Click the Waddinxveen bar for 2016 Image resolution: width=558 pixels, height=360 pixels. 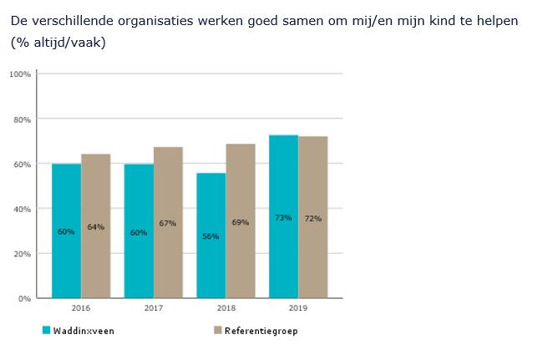coord(66,230)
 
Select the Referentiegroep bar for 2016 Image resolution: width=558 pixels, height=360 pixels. coord(95,226)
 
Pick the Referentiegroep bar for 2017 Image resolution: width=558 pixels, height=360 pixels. coord(168,222)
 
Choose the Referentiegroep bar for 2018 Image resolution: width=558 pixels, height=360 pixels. coord(241,221)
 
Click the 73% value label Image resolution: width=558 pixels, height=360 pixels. coord(283,218)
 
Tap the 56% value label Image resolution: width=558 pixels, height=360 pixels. coord(211,236)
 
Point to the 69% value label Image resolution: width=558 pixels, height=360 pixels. coord(241,222)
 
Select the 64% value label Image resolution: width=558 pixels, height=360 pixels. coord(95,227)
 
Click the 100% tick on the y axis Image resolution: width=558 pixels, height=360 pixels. coord(20,74)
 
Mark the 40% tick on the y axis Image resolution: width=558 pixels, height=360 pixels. coord(22,209)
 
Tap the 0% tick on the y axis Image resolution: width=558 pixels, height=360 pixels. coord(24,298)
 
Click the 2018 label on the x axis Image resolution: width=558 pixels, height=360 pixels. coord(226,308)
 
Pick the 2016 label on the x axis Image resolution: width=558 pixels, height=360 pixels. coord(81,308)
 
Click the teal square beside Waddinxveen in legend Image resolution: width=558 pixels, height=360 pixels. coord(47,331)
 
